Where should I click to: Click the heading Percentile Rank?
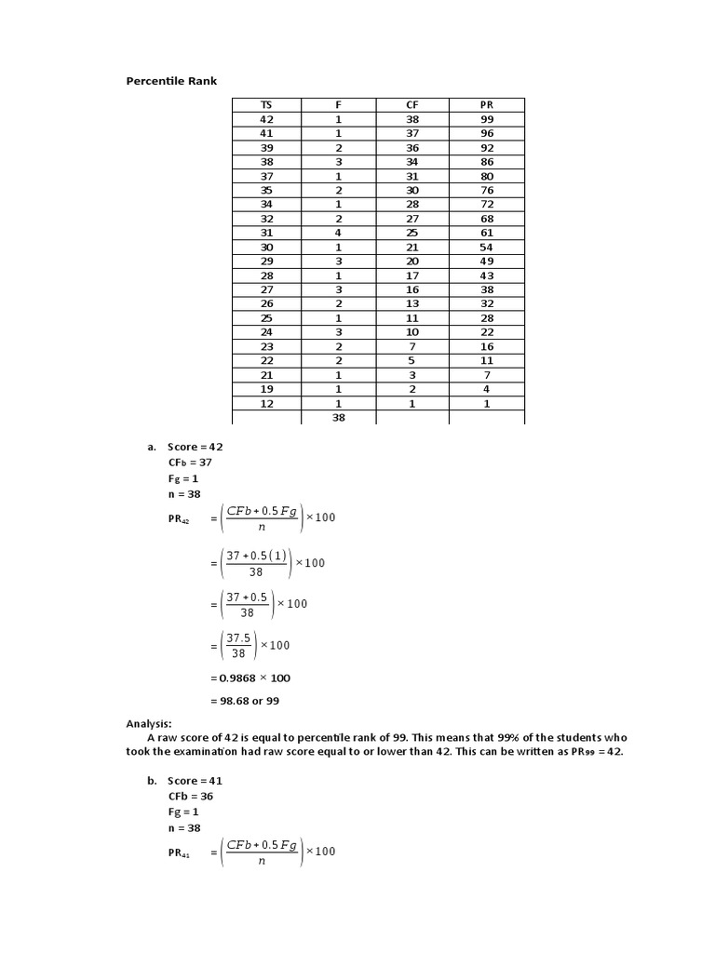171,81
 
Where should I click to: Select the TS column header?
266,105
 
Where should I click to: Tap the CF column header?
412,105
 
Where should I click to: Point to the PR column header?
487,105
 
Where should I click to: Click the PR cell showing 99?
487,120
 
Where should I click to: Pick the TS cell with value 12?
266,404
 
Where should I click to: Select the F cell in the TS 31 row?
339,233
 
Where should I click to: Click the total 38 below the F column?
339,419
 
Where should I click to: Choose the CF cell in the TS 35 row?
412,191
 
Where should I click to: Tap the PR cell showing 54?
487,248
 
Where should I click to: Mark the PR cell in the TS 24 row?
487,332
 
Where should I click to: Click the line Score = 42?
195,447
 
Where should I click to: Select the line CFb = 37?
190,462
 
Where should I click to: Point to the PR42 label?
179,519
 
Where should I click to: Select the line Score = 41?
195,781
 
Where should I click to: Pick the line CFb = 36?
190,797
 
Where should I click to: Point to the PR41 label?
179,853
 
